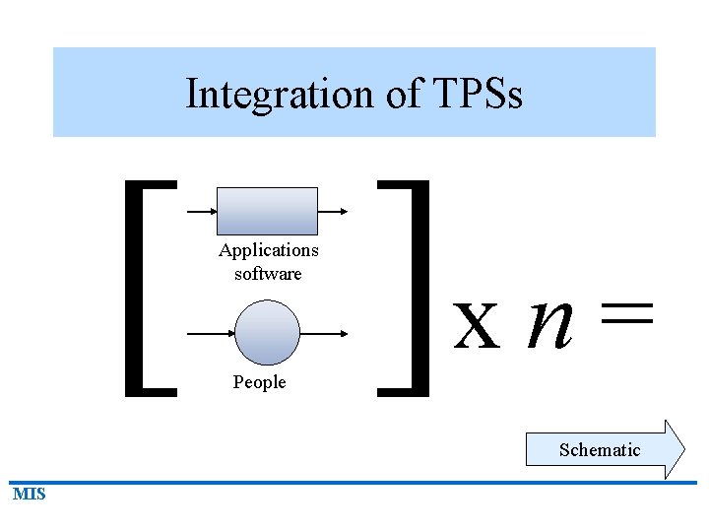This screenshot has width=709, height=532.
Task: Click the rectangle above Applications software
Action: point(267,211)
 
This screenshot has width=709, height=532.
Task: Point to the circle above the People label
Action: point(267,333)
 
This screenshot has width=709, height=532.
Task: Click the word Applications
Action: point(268,250)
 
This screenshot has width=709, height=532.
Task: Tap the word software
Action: point(268,274)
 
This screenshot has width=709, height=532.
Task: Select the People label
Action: point(259,382)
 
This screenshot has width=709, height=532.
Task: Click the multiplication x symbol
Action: point(477,330)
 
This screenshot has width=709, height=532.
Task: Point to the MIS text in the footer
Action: point(30,495)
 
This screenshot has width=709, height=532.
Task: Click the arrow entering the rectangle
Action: point(201,211)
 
